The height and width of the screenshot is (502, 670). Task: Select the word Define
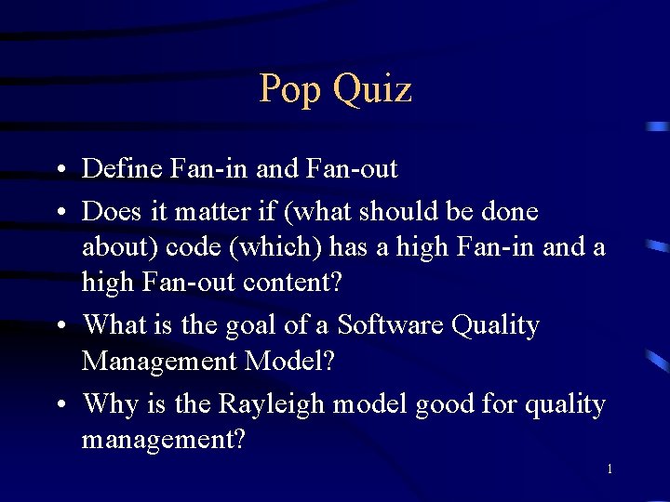pos(123,169)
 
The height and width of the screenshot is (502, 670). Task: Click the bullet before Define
pos(59,171)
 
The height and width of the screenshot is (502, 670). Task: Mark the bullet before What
pos(59,327)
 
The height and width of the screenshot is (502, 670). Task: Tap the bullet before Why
pos(59,406)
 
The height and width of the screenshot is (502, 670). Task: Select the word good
pos(447,405)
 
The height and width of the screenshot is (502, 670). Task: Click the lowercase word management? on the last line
pos(164,440)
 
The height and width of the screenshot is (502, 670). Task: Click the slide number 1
pos(609,469)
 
